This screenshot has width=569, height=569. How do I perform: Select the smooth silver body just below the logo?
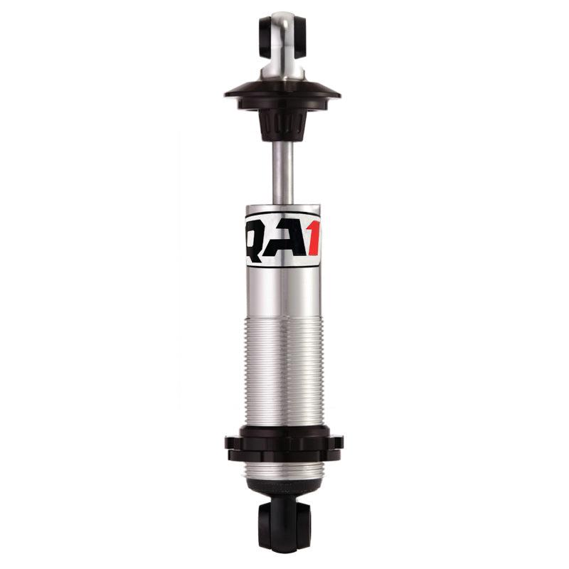pyautogui.click(x=283, y=292)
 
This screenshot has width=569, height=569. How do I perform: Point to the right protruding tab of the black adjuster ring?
pyautogui.click(x=337, y=442)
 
